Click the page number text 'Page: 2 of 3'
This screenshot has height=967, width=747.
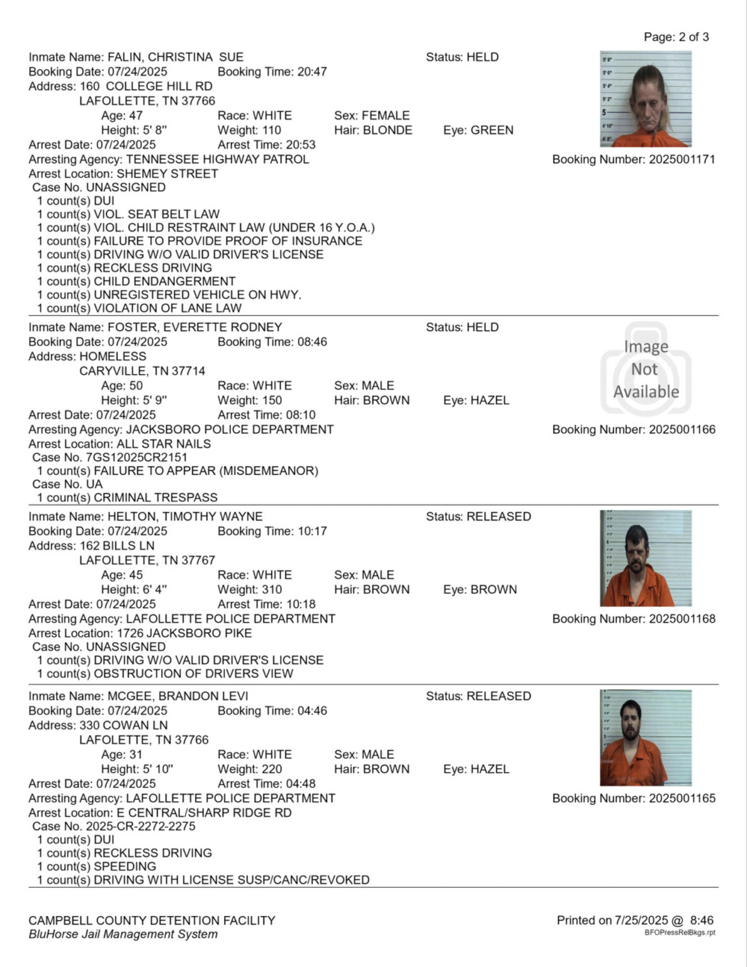[676, 37]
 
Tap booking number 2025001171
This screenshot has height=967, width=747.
[682, 159]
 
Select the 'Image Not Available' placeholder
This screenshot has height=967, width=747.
[646, 369]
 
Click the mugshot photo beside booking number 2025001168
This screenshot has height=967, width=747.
[646, 558]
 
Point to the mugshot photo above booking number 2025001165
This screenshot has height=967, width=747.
[646, 738]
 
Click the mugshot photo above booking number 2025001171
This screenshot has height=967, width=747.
[646, 99]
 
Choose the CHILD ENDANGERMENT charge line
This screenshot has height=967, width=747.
[164, 281]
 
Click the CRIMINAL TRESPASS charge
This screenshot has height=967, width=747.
[155, 497]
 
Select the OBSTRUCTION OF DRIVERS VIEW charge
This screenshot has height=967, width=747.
[193, 674]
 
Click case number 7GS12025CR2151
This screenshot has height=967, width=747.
[137, 458]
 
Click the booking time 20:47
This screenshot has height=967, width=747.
[312, 72]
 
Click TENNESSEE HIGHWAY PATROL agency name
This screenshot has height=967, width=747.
[217, 159]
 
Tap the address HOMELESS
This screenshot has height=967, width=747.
[113, 356]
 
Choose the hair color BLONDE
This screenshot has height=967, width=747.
[388, 130]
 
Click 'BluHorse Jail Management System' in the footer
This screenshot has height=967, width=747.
[123, 934]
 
